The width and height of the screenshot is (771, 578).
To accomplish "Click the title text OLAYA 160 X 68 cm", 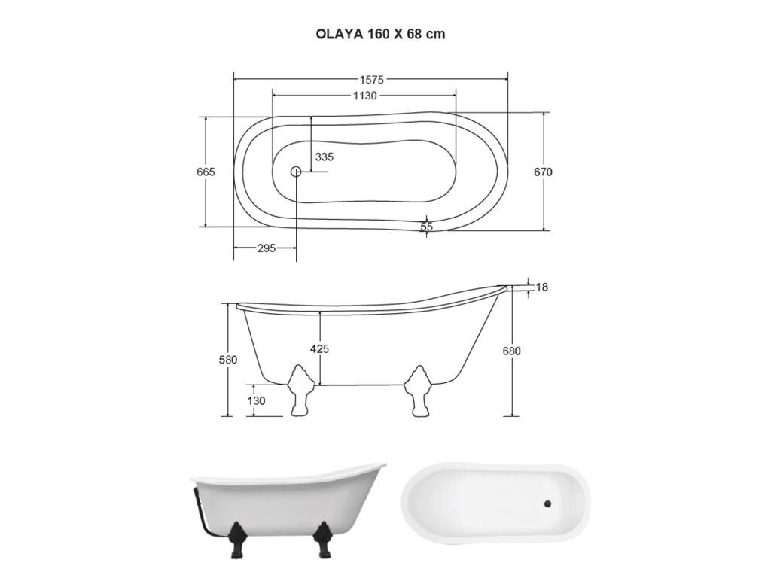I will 380,34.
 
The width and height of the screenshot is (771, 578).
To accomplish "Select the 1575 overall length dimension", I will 372,79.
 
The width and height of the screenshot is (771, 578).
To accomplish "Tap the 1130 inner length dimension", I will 364,96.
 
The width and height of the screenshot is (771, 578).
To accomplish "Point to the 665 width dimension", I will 206,172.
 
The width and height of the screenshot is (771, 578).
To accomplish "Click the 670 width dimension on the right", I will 543,172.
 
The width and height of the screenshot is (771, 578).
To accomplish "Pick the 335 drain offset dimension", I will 325,157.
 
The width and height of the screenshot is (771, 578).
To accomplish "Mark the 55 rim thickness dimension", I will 427,226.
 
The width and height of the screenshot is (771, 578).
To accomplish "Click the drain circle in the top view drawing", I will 296,172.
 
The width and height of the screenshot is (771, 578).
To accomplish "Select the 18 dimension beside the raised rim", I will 542,287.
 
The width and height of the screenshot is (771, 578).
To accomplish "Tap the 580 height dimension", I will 227,360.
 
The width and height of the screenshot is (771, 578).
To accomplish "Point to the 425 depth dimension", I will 320,348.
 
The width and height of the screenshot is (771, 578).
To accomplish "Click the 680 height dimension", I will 513,351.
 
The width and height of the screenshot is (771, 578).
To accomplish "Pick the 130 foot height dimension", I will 256,400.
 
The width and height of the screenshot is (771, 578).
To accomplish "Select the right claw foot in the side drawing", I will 419,390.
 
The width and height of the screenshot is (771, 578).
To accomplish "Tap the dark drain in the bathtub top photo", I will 548,503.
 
